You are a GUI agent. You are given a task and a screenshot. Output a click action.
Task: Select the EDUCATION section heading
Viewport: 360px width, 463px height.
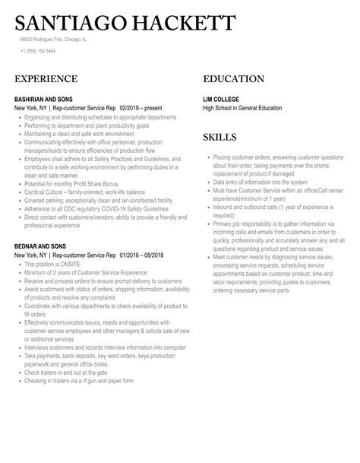click(x=234, y=79)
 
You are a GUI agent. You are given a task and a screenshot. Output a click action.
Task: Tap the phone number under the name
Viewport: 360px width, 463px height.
click(x=38, y=51)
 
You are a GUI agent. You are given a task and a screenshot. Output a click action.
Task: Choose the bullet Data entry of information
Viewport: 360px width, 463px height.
click(x=260, y=182)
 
